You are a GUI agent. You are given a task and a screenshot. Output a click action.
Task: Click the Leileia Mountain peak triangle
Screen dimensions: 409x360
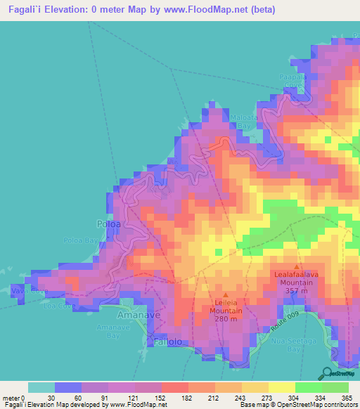coord(225,295)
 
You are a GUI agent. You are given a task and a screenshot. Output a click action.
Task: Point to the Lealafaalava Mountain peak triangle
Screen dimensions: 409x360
coord(297,268)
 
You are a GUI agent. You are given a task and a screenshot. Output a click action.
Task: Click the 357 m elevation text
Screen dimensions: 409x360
coord(297,290)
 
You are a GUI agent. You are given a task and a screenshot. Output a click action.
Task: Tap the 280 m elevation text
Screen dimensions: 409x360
coord(225,319)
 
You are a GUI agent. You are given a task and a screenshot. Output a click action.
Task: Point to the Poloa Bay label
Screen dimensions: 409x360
coord(81,240)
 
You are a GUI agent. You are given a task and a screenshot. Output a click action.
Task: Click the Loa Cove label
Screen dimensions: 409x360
coord(58,306)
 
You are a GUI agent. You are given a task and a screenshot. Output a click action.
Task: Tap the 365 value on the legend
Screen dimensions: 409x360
coord(345,398)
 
